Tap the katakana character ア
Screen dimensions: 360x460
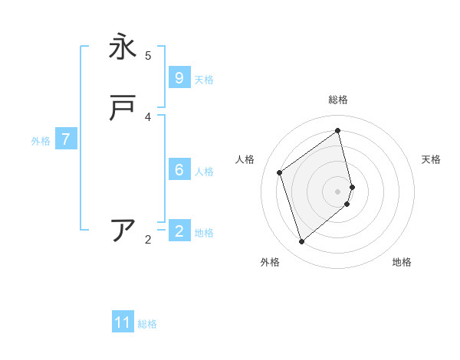(x=123, y=230)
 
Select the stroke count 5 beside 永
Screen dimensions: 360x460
(x=148, y=55)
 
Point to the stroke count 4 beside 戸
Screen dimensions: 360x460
(x=148, y=116)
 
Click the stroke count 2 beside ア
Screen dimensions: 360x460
(x=148, y=240)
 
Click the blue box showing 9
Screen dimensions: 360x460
(x=179, y=78)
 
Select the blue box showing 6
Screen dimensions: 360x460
(x=179, y=170)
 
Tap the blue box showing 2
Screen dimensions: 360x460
(x=179, y=231)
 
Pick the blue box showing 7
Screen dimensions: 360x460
(x=67, y=139)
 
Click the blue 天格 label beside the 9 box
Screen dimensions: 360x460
(x=204, y=80)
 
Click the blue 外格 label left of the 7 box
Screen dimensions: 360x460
(x=41, y=141)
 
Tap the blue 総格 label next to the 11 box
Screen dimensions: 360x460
(x=147, y=324)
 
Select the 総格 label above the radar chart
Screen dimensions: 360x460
(x=338, y=100)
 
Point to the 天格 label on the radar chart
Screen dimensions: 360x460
(x=432, y=159)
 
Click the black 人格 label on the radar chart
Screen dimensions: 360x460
(x=245, y=159)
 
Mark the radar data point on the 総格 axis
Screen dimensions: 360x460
(x=338, y=130)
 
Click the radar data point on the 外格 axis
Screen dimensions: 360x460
(x=301, y=242)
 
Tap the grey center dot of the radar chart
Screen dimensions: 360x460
(x=338, y=191)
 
